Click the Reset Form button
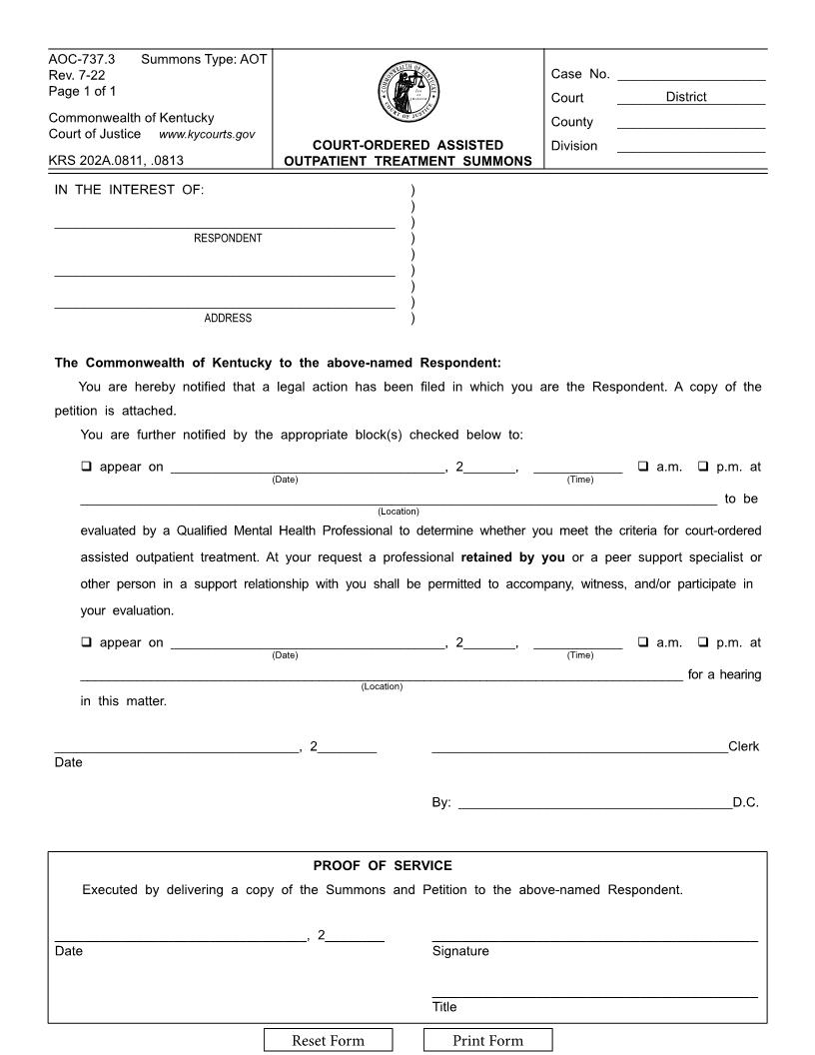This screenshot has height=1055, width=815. point(328,1041)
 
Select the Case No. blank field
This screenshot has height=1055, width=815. point(691,74)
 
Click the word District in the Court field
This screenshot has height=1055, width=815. point(686,97)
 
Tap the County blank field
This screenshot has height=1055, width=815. point(691,122)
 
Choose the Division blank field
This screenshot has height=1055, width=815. point(691,146)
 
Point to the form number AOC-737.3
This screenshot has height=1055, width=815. point(82,60)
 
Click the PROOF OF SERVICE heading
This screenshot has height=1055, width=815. point(383,865)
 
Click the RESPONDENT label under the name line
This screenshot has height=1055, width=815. point(228,239)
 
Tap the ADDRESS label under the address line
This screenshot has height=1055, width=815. point(228,319)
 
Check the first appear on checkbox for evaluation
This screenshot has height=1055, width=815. point(86,467)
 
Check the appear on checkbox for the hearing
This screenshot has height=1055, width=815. point(86,642)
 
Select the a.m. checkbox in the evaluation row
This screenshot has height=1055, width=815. point(643,467)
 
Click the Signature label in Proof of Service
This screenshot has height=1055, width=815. point(460,952)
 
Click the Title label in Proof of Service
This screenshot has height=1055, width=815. point(444,1008)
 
